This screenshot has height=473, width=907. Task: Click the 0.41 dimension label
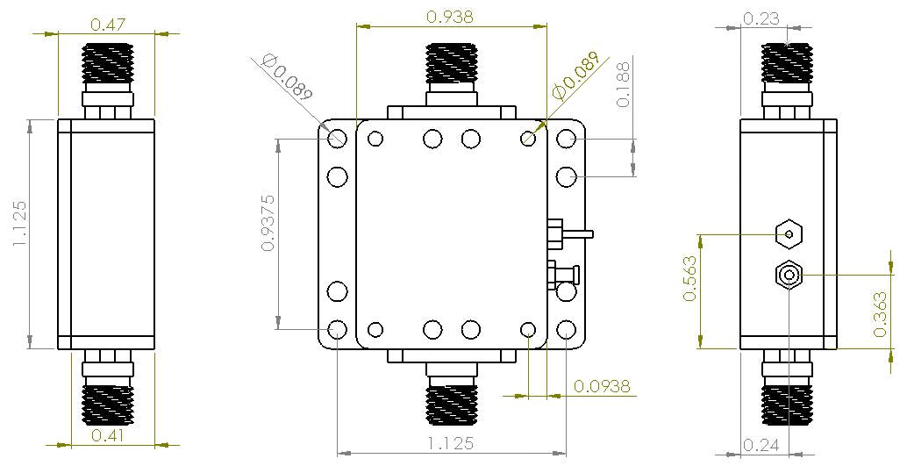pos(106,433)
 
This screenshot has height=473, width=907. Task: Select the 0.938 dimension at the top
pos(452,15)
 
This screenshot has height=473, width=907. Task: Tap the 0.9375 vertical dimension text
pos(269,223)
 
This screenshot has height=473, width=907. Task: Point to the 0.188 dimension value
pos(624,84)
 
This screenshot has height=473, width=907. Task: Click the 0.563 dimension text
pos(689,278)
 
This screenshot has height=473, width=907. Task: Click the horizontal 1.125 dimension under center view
pos(452,443)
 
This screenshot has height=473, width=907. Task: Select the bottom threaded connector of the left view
pos(106,403)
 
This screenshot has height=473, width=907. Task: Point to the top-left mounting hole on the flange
pos(338,139)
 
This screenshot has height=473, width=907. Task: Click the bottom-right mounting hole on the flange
pos(567,330)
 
